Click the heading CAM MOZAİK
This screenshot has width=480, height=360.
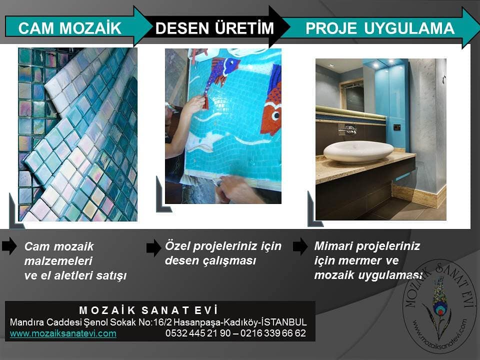pos(70,28)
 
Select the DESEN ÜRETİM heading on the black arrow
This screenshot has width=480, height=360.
pos(214,27)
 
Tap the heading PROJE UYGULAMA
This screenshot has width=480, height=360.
pos(380,28)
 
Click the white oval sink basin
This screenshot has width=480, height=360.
pos(358,151)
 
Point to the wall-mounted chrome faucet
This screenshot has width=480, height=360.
pos(348,129)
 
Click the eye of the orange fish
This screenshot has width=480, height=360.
pos(276,115)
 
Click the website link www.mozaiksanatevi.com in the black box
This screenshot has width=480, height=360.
pos(63,333)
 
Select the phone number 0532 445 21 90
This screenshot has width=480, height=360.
pos(198,333)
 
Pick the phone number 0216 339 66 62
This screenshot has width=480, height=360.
pos(273,333)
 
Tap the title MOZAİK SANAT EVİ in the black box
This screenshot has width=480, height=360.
pos(148,310)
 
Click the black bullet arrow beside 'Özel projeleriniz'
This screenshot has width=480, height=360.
pos(153,247)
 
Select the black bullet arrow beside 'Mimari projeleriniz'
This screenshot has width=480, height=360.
pos(300,246)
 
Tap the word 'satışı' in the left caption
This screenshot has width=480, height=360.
pos(111,276)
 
